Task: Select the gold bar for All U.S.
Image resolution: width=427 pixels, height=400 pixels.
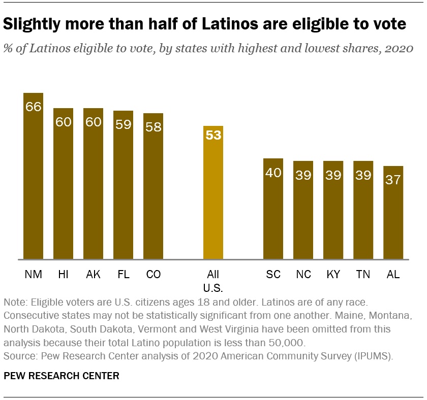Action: [x=213, y=192]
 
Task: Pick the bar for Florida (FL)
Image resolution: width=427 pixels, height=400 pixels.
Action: [x=123, y=185]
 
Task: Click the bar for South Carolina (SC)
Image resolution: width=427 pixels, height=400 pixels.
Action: [x=273, y=209]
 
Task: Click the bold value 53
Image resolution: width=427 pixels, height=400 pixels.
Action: [x=213, y=136]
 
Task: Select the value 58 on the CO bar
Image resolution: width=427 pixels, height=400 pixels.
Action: [x=153, y=126]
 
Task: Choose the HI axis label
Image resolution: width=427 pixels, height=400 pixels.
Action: [x=63, y=275]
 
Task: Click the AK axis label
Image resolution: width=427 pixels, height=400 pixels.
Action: [x=93, y=275]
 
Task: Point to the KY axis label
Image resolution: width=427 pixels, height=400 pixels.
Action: [x=333, y=275]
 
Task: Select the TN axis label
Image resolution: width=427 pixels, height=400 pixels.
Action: [x=363, y=275]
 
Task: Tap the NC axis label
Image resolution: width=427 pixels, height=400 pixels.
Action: [x=303, y=275]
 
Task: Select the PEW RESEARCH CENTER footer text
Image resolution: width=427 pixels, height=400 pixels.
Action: [x=62, y=376]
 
